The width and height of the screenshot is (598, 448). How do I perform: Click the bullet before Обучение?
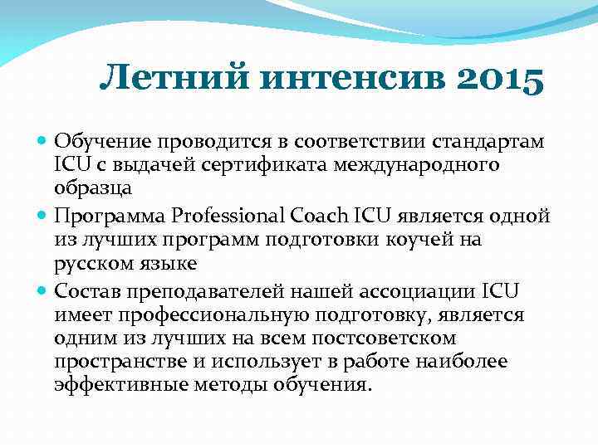point(43,142)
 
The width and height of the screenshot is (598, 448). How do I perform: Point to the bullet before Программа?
point(43,216)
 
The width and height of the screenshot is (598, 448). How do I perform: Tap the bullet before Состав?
point(43,290)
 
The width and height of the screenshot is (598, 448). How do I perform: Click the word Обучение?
point(103,142)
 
